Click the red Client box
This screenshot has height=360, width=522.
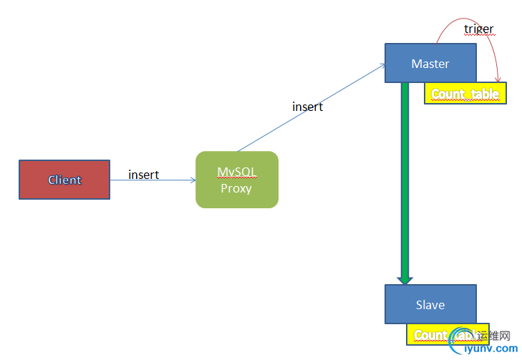[64, 180]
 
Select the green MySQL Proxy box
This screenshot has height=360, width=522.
[236, 180]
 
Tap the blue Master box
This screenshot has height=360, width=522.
[430, 63]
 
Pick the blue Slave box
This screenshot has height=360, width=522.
[430, 304]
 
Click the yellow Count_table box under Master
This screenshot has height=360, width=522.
[465, 94]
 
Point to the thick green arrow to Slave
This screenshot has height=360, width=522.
[405, 179]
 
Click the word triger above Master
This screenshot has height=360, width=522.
[478, 29]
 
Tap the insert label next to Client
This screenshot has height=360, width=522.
[143, 175]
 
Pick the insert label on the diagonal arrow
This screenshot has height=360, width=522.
[307, 107]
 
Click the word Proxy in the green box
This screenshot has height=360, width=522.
[236, 189]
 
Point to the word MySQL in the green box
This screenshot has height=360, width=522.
[236, 172]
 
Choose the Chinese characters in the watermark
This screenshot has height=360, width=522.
[493, 335]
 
